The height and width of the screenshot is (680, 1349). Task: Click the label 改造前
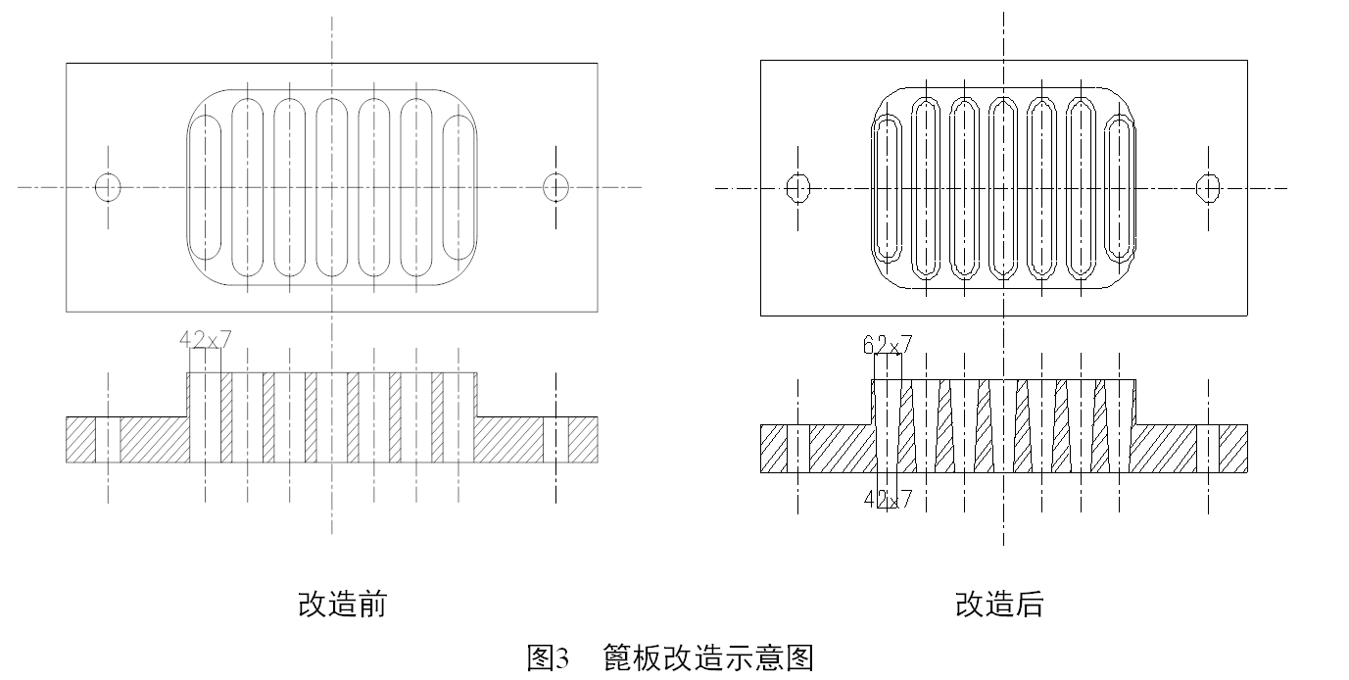tap(342, 604)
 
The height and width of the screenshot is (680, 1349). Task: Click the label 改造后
tap(999, 604)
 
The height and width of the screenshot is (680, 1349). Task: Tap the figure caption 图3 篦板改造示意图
tap(670, 656)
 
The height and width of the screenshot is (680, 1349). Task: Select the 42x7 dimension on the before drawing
tap(206, 340)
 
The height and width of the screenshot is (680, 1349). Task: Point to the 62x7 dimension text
tap(888, 344)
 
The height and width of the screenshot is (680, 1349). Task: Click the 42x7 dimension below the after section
tap(888, 500)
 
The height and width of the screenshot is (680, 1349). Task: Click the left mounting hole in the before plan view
tap(108, 186)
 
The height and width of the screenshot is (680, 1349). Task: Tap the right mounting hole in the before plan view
tap(556, 186)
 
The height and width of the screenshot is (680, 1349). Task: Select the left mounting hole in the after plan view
tap(799, 187)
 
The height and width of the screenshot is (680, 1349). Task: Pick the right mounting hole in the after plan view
tap(1209, 187)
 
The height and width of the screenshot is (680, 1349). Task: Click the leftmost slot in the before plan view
tap(205, 186)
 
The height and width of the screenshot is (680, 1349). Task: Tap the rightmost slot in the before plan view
tap(459, 186)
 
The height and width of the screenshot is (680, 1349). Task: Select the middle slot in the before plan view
tap(332, 186)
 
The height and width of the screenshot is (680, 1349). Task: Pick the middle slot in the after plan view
tap(1003, 187)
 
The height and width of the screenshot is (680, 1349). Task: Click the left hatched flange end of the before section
tap(79, 439)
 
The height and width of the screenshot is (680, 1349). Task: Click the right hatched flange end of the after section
tap(1233, 449)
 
